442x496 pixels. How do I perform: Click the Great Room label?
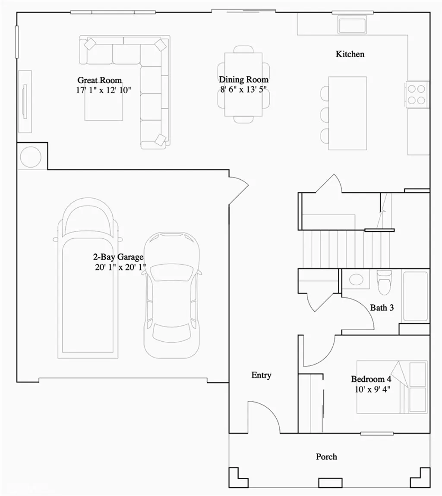pos(99,80)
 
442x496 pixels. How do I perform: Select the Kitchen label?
pos(350,54)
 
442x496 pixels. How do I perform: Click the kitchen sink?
pos(352,25)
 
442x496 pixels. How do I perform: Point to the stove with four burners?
pos(417,94)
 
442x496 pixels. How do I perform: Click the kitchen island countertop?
pos(347,113)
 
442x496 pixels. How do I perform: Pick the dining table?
pos(243,84)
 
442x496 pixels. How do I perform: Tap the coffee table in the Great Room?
pos(104,105)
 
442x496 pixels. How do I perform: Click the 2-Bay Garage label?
pos(118,257)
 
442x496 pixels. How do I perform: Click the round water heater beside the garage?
pos(31,157)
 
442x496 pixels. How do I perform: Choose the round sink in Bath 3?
pos(356,279)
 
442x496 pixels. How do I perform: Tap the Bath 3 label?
pos(382,308)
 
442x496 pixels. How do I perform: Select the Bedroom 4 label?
pos(371,379)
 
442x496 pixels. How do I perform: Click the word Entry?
pos(261,375)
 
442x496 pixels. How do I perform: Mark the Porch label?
pos(326,457)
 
